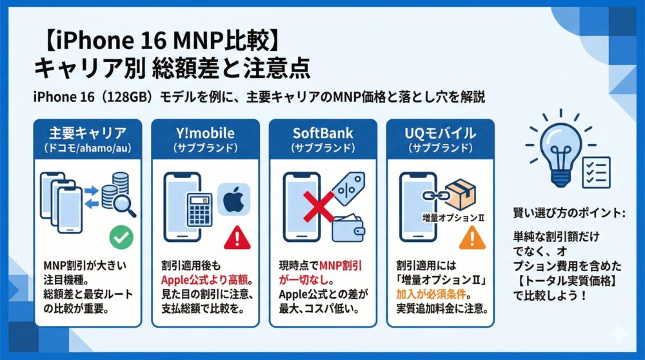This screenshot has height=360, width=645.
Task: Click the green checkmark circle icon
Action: tap(121, 237)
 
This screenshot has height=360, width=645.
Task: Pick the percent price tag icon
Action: tap(349, 187)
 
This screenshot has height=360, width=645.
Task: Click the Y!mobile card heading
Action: tap(204, 134)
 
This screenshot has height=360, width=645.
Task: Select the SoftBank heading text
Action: tap(322, 134)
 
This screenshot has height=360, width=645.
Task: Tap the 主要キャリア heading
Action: tap(87, 134)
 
